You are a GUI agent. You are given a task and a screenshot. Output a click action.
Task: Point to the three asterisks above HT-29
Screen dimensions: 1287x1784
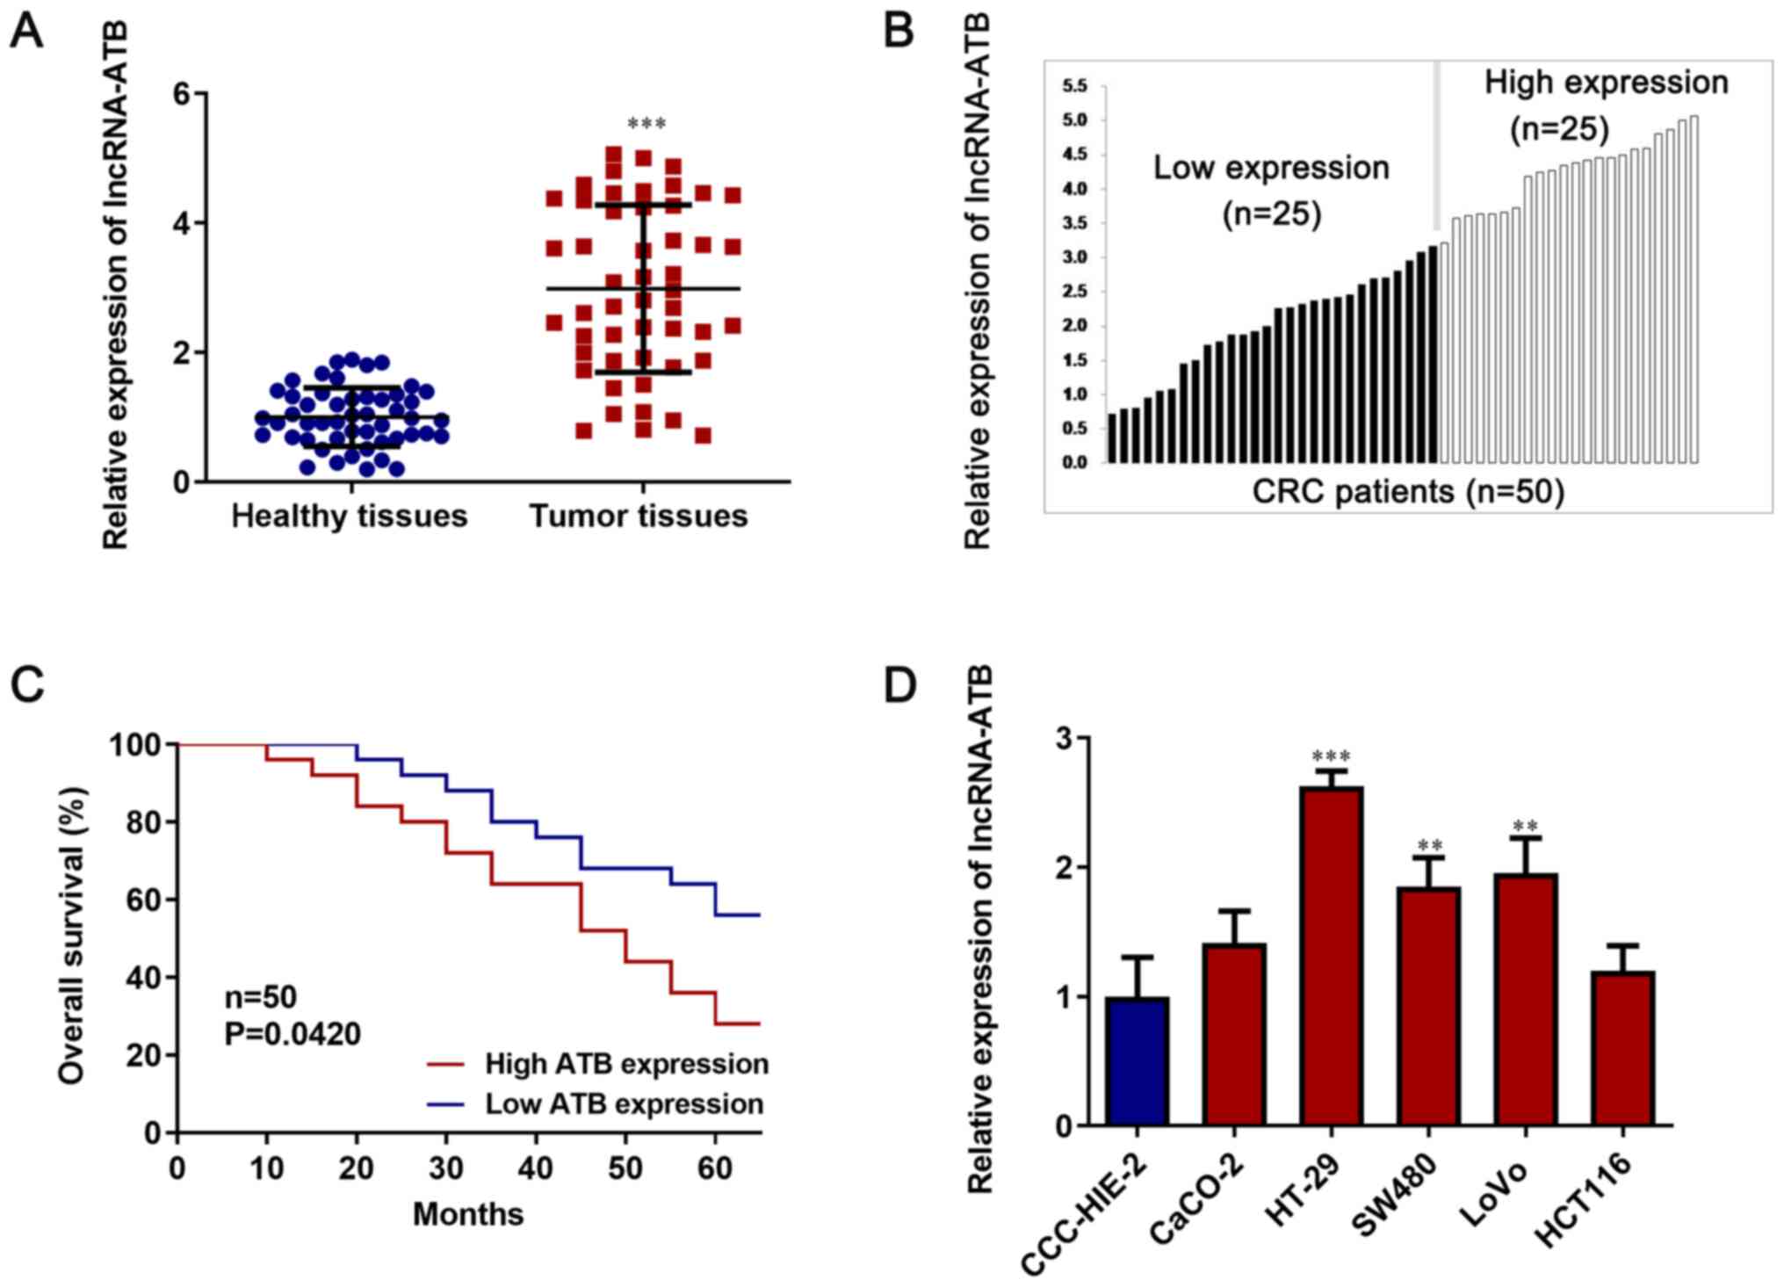tap(1331, 756)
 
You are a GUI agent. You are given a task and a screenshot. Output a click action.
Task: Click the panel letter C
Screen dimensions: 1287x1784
tap(27, 684)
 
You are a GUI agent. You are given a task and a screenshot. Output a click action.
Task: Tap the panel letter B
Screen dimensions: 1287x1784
tap(898, 32)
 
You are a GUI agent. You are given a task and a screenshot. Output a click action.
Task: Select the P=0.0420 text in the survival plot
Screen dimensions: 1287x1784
tap(293, 1034)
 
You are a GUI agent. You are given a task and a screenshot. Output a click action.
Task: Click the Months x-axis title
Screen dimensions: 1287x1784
tap(468, 1214)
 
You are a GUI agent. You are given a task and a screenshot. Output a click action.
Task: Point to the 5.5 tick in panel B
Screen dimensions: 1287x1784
tap(1074, 86)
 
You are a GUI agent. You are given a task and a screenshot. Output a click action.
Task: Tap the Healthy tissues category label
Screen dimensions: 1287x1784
tap(349, 516)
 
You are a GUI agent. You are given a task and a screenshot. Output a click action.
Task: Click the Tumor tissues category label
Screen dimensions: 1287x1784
tap(639, 516)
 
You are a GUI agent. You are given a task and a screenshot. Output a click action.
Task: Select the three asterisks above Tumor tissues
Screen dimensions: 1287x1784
tap(646, 124)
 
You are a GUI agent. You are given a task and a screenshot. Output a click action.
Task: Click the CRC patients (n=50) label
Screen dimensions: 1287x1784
tap(1408, 491)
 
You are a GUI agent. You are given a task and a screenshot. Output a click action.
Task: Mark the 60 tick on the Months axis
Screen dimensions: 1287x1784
tap(715, 1168)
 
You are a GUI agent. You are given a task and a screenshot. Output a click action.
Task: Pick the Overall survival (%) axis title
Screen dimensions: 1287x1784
tap(72, 936)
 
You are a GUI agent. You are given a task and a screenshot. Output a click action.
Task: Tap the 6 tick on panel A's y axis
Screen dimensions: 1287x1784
tap(182, 93)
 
